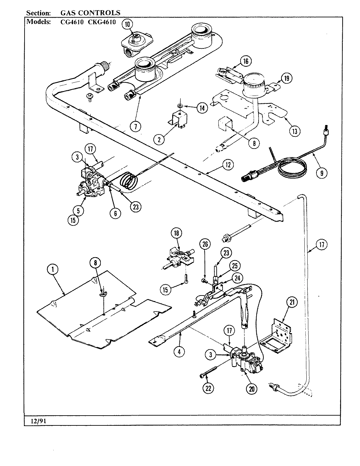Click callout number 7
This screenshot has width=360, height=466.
click(136, 126)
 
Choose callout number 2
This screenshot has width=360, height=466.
click(159, 139)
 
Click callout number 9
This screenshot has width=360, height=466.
click(322, 173)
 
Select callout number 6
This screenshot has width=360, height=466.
click(115, 213)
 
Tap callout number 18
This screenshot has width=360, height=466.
click(176, 233)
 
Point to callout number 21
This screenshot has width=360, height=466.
click(292, 302)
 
